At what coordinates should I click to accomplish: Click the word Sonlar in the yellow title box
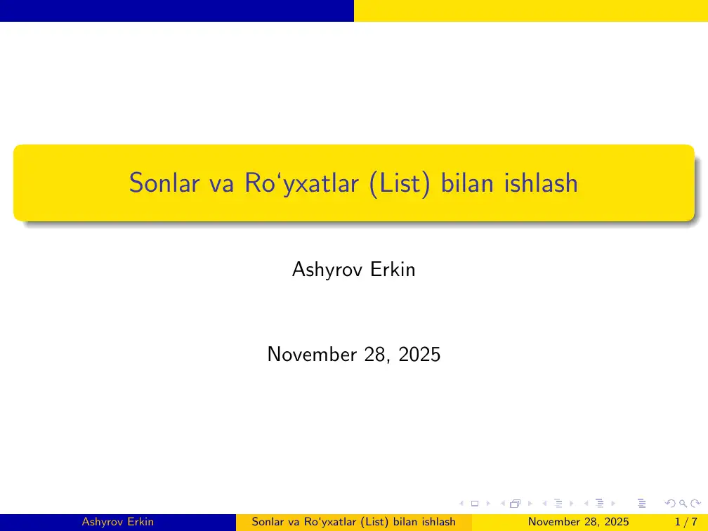pos(164,183)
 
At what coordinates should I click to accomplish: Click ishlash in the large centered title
pos(541,183)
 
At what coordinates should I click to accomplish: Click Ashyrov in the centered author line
pos(327,270)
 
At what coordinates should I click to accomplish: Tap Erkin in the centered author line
pos(393,269)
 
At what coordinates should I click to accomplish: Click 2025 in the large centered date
pos(419,355)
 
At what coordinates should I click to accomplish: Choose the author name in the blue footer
pos(118,522)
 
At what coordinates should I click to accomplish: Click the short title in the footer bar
pos(353,522)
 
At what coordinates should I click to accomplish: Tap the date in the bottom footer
pos(579,522)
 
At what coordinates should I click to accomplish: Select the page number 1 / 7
pos(686,522)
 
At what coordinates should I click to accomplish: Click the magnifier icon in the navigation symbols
pos(683,504)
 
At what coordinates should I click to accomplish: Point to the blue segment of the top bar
pos(177,11)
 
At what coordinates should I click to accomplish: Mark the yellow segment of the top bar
pos(531,11)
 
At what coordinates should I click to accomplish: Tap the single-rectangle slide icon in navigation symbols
pos(475,504)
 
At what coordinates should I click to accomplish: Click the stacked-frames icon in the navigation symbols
pos(516,504)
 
